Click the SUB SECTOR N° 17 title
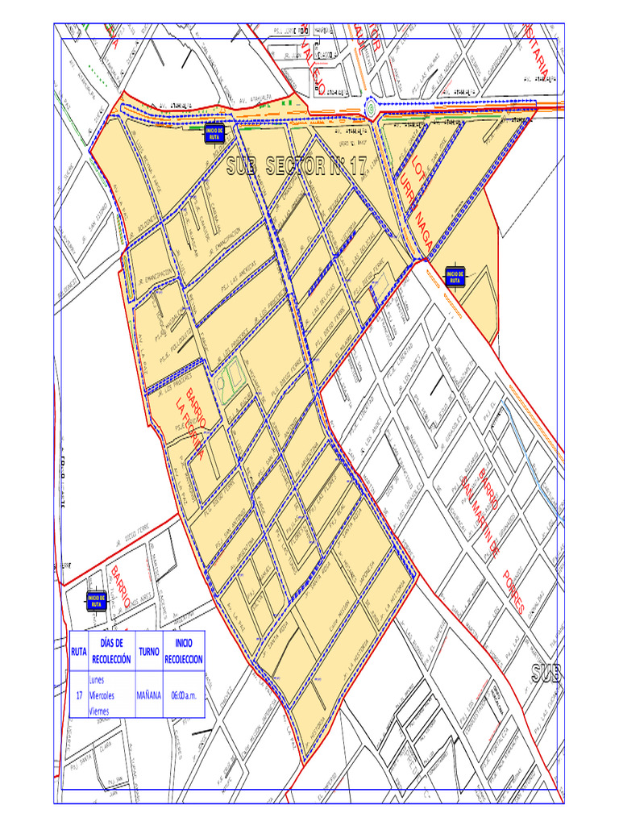297,166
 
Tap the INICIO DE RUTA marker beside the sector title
214,133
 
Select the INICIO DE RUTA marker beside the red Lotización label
454,277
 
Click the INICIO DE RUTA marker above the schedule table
96,599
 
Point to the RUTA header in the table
79,650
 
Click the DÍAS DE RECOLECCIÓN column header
111,650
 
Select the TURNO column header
148,650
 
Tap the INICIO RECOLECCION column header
183,650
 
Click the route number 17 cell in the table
79,695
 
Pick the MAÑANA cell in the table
148,695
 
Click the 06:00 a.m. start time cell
183,695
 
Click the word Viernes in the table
100,710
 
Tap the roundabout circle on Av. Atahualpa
370,107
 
